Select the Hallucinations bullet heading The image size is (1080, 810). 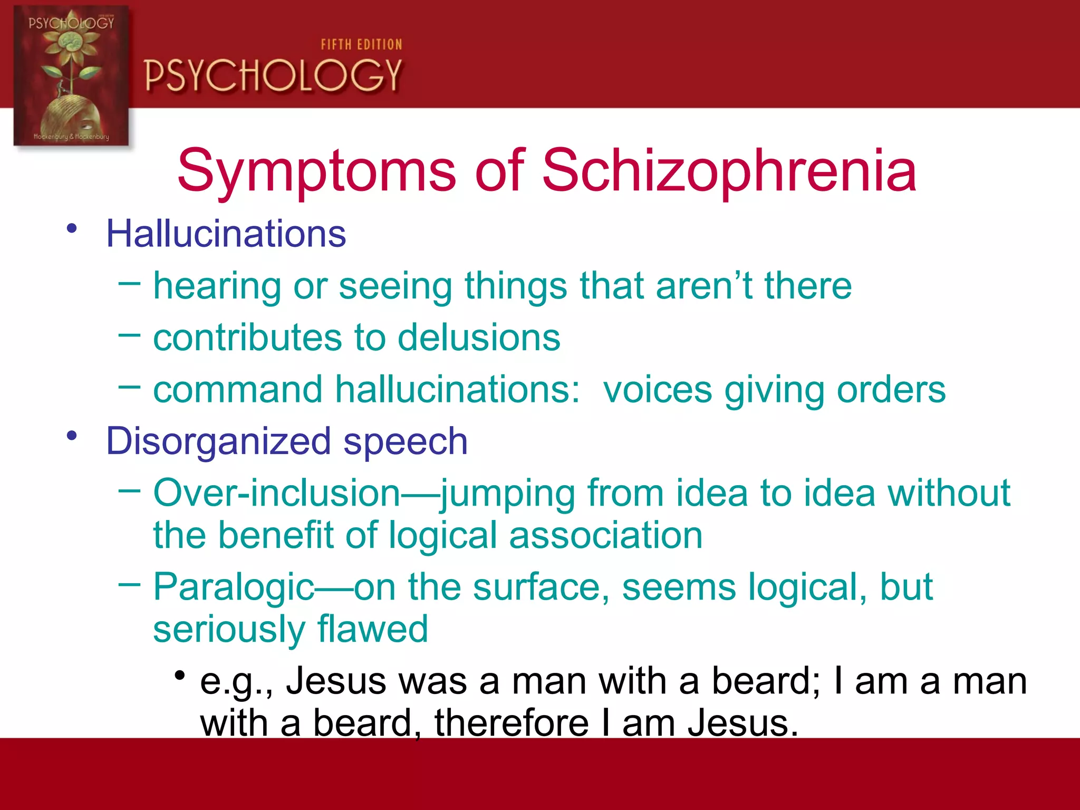226,233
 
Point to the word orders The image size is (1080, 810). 891,390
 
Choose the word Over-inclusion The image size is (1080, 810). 277,493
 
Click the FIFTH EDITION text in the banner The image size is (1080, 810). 361,45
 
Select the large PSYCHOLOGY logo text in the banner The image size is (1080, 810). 273,75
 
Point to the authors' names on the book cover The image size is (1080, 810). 71,137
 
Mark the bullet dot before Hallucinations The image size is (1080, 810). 72,228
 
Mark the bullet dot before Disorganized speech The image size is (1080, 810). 72,436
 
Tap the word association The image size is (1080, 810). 606,535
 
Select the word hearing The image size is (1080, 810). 217,286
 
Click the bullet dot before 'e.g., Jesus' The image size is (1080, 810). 180,675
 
